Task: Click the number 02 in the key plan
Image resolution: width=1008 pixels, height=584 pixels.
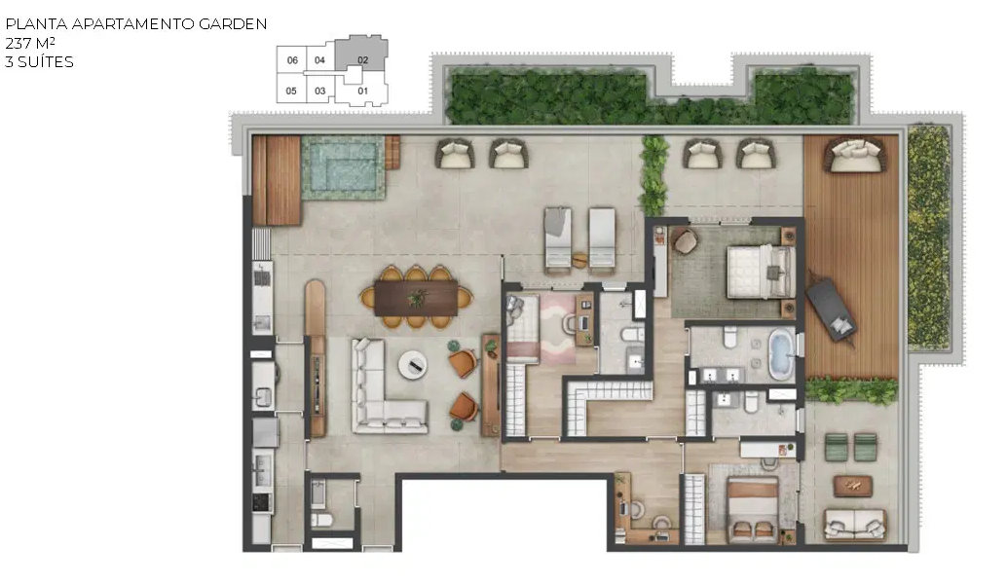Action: coord(362,60)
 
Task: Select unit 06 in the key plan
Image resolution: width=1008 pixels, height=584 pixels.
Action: coord(292,60)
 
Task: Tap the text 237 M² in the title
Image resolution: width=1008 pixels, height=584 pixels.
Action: coord(29,44)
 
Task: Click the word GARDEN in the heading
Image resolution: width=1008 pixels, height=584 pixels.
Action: coord(233,24)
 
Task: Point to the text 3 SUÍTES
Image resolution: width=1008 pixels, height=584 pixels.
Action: coord(39,61)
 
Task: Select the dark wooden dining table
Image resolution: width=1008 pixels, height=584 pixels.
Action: coord(416,298)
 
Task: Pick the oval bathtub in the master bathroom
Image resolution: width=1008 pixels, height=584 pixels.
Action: coord(781,355)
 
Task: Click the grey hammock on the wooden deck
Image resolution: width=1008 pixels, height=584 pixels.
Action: coord(831,309)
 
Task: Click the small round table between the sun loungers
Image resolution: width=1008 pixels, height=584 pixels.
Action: coord(579,260)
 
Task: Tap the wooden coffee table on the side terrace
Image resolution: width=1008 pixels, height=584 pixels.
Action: coord(853,486)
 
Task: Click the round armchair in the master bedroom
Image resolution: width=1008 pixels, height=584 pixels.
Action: coord(685,241)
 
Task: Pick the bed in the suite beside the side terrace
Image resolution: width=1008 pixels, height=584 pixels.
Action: coord(753,509)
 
